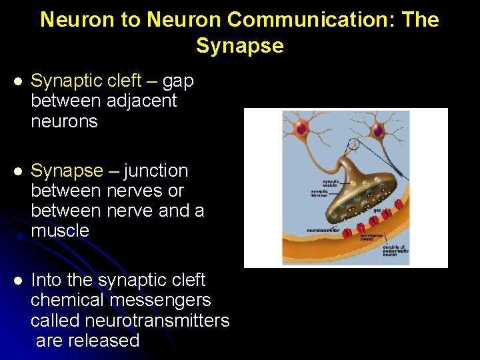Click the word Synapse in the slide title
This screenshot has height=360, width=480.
click(239, 46)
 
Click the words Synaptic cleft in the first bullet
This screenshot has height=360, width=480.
click(86, 81)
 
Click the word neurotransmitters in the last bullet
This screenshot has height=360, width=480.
click(157, 321)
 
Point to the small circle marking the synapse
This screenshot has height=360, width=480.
click(353, 143)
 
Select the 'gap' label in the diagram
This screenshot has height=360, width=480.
click(377, 209)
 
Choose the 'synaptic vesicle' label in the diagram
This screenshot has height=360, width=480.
click(331, 181)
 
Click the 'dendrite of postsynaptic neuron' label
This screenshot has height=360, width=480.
click(395, 251)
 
